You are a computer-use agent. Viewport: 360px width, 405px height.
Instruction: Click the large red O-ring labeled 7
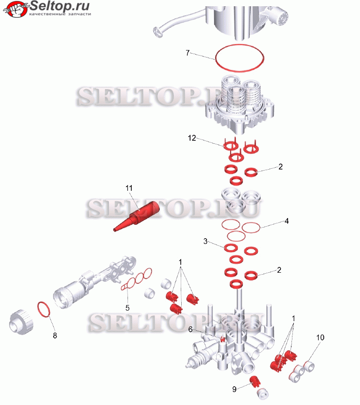[x=215, y=58]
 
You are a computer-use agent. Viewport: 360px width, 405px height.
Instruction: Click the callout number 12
[x=192, y=138]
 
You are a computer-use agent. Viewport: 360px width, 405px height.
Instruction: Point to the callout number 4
[x=286, y=221]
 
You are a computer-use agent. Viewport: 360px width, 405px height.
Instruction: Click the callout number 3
[x=205, y=241]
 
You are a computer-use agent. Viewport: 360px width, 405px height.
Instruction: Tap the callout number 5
[x=128, y=308]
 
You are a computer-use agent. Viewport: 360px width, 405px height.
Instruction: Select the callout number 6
[x=190, y=329]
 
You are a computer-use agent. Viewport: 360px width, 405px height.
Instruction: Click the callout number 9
[x=234, y=389]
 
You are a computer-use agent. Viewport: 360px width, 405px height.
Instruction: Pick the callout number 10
[x=320, y=337]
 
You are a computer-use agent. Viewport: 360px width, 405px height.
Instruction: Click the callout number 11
[x=129, y=188]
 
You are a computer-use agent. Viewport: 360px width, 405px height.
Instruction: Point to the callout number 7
[x=188, y=53]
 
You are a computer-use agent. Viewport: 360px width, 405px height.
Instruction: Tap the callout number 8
[x=55, y=336]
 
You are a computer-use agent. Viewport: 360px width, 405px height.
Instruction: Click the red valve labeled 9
[x=255, y=382]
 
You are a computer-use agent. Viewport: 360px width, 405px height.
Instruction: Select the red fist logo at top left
[x=15, y=9]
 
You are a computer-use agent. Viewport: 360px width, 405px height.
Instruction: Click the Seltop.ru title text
[x=60, y=6]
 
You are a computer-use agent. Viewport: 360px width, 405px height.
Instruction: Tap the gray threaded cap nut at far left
[x=21, y=322]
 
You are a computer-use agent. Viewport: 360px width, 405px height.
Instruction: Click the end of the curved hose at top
[x=158, y=32]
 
